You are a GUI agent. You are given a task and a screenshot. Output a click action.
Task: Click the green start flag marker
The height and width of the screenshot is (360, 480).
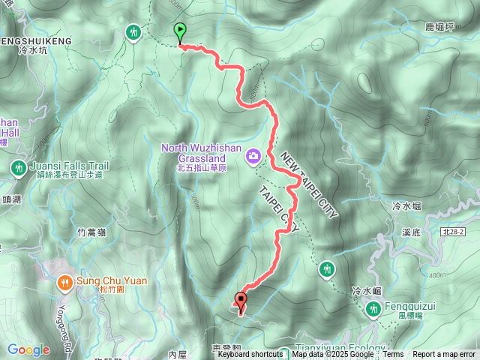(x=180, y=32)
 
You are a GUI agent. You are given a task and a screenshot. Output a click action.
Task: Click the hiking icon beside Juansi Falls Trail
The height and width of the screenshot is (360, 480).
(x=17, y=167)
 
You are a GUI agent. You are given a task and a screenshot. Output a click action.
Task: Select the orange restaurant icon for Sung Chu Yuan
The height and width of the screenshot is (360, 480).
(x=65, y=282)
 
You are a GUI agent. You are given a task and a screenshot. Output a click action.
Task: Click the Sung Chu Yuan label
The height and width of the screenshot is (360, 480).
(x=112, y=283)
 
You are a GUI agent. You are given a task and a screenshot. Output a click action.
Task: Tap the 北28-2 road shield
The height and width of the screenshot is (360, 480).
(x=455, y=234)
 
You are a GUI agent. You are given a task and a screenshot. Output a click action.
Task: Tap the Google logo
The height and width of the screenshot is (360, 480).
(x=28, y=349)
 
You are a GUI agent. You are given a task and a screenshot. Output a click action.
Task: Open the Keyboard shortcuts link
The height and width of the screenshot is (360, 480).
(x=250, y=355)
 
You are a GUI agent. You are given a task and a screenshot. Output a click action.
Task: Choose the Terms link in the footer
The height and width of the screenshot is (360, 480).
(x=394, y=355)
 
